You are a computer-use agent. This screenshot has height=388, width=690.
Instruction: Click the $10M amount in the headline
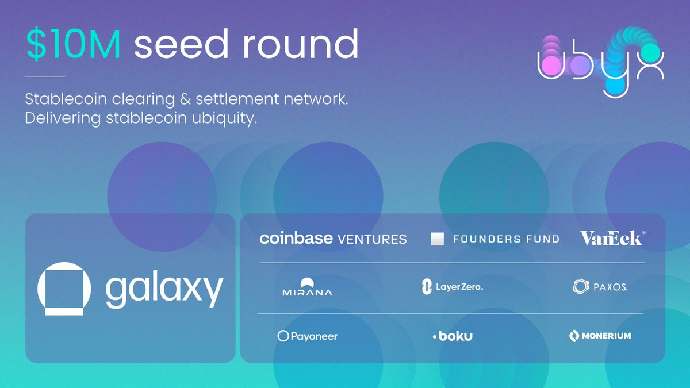tap(74, 44)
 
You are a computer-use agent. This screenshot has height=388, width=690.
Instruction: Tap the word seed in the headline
tap(181, 44)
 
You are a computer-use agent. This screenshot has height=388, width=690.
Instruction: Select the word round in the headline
tap(301, 44)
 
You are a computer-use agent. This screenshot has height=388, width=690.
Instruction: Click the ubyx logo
tap(601, 62)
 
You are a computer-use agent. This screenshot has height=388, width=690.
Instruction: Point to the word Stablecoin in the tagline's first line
tap(66, 99)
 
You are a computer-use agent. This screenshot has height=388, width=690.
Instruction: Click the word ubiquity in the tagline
tap(224, 119)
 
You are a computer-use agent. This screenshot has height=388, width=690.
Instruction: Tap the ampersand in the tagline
tap(185, 99)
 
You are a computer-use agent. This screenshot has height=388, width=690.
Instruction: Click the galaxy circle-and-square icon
tap(64, 289)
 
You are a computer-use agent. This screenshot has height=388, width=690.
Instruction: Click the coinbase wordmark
tap(296, 239)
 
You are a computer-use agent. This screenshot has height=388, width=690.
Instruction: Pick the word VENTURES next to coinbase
tap(372, 239)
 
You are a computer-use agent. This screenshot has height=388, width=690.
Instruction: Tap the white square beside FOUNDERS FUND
tap(438, 239)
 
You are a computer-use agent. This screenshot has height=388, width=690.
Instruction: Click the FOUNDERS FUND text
tap(507, 239)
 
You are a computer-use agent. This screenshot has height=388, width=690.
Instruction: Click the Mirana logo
tap(307, 287)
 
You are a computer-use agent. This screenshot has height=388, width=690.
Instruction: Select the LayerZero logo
tap(452, 287)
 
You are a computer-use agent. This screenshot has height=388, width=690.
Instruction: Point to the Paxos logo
tap(600, 287)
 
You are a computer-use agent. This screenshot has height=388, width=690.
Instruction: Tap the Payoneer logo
tap(308, 336)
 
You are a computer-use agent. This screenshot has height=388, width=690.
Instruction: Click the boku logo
tap(453, 336)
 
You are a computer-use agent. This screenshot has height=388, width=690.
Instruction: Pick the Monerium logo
tap(600, 336)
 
